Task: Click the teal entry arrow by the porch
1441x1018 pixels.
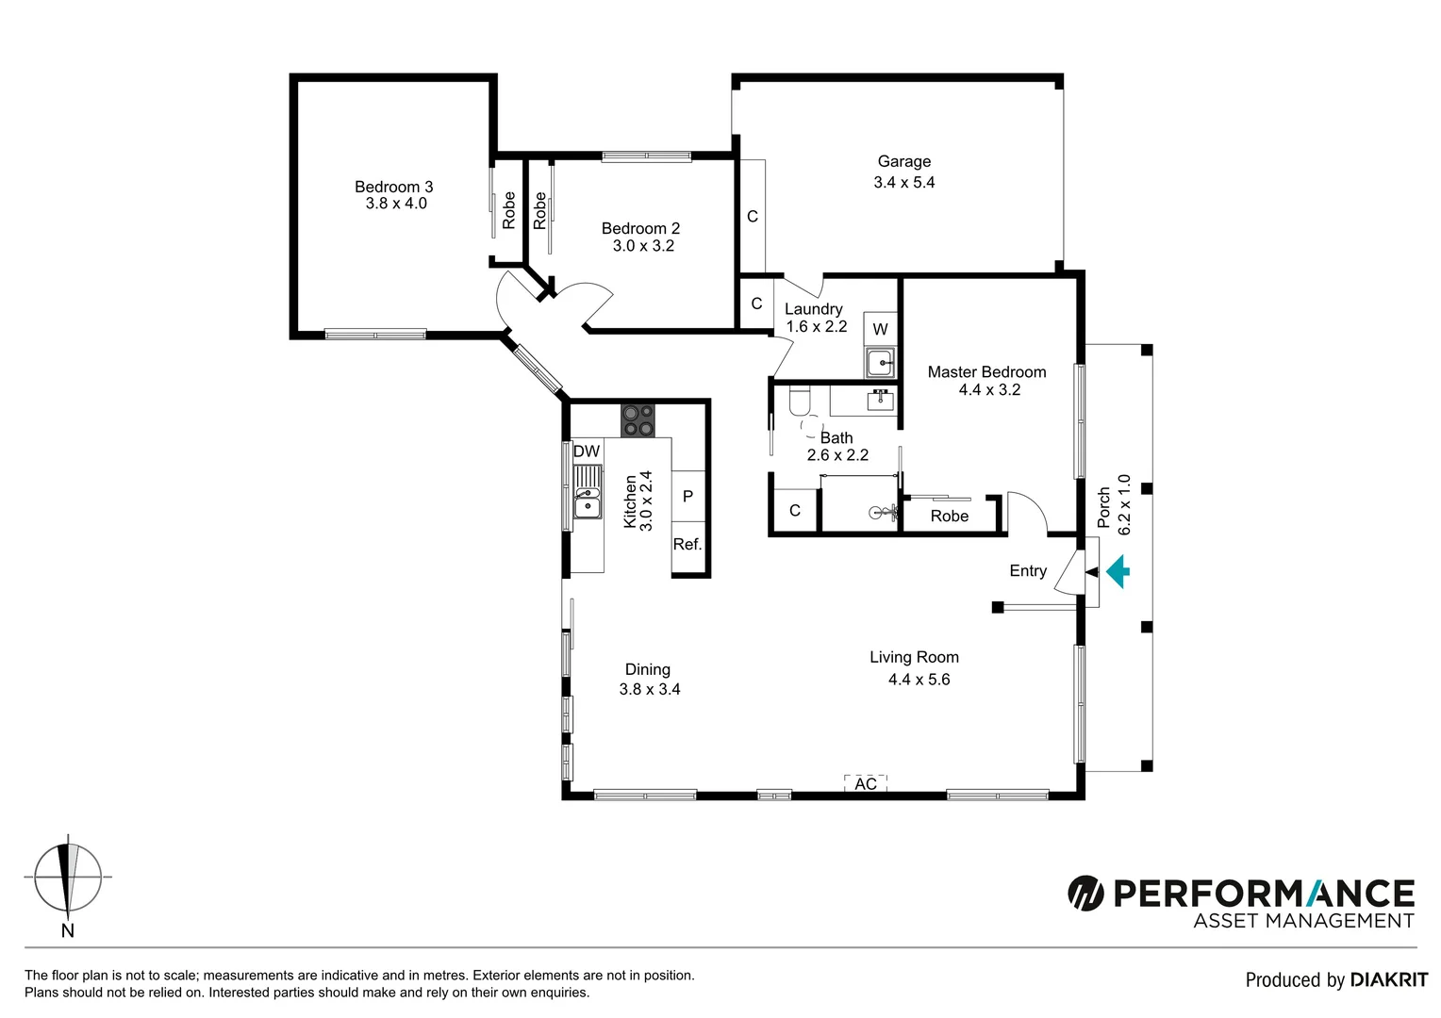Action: click(x=1118, y=571)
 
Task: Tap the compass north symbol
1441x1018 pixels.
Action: click(x=68, y=877)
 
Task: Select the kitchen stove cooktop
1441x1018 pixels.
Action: click(x=638, y=420)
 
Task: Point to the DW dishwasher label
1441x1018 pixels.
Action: click(x=587, y=452)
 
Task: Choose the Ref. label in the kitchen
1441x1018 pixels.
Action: click(x=687, y=545)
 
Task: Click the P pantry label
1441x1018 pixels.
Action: click(x=687, y=497)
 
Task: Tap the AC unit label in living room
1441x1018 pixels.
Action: click(x=866, y=784)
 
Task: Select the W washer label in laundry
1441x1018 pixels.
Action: click(x=880, y=329)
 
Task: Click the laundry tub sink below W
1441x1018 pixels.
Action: click(x=881, y=362)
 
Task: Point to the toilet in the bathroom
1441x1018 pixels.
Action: click(x=800, y=403)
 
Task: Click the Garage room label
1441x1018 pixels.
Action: click(x=903, y=161)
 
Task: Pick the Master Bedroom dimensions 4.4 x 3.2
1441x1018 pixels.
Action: click(x=989, y=390)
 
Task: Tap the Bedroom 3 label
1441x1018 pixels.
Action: click(x=393, y=187)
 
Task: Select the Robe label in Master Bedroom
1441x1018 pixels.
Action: click(x=949, y=517)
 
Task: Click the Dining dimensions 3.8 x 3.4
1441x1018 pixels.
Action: click(x=649, y=690)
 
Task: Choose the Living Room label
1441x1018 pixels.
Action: click(x=914, y=658)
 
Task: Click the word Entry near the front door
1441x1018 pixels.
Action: click(x=1028, y=571)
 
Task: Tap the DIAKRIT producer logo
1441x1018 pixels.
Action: click(x=1388, y=980)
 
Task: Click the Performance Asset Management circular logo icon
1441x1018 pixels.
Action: click(x=1085, y=893)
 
